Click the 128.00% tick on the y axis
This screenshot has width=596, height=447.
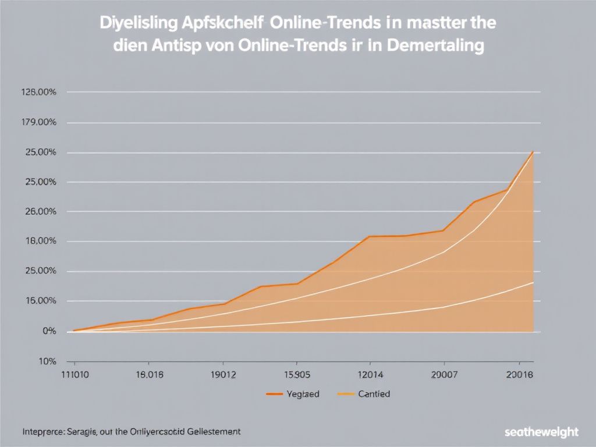point(38,92)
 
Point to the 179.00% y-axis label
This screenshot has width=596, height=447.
point(38,122)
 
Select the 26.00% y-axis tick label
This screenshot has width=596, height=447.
point(38,211)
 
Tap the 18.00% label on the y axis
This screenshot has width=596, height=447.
point(38,241)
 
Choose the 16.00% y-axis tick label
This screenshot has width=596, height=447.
point(38,301)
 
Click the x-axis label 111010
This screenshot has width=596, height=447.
point(75,374)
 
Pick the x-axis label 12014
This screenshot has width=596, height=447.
point(370,374)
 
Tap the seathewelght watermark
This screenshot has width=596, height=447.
point(542,432)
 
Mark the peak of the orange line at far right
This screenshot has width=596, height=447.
point(533,152)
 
